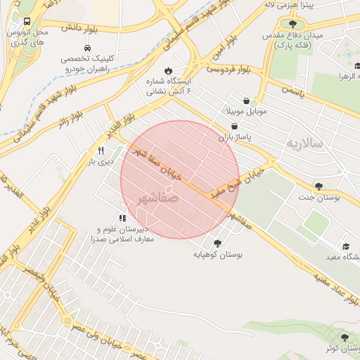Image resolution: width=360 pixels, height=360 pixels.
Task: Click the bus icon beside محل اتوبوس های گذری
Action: tap(27, 21)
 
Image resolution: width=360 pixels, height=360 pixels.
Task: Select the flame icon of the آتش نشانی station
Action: tap(167, 70)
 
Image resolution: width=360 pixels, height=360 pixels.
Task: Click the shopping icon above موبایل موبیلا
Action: tap(245, 101)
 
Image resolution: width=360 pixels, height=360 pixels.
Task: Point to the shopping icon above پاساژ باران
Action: tap(244, 127)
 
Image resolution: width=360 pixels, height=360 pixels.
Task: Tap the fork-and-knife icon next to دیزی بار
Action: tap(101, 150)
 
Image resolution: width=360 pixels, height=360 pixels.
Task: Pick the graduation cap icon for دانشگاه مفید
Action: tap(346, 246)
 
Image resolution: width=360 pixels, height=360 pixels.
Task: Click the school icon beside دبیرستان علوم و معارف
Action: tap(122, 218)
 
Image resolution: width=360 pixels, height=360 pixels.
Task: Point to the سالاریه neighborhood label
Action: tap(304, 143)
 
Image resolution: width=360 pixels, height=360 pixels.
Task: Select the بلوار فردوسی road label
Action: tap(229, 70)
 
